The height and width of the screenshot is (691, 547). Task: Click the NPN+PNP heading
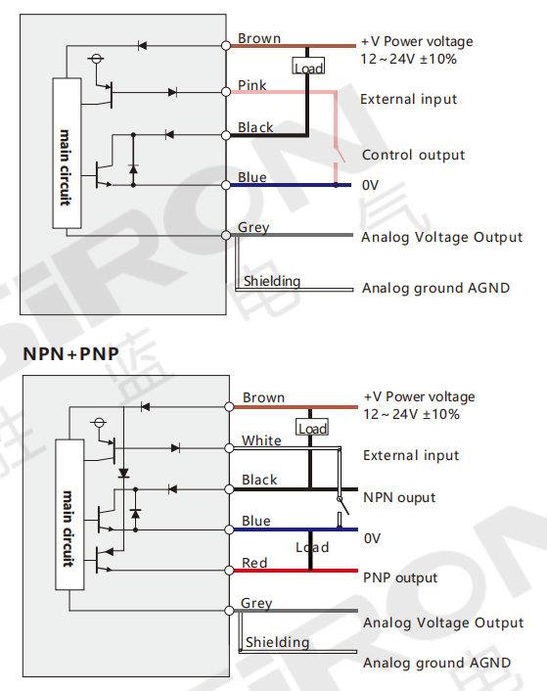coord(70,354)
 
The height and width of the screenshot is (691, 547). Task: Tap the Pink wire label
coord(251,85)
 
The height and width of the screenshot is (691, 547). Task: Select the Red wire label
coord(254,563)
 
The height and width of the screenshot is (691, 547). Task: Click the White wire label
coord(261,440)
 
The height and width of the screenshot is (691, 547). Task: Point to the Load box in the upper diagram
coord(308,66)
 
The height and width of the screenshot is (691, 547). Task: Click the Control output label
coord(413,155)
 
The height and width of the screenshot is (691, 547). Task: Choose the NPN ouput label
coord(399,497)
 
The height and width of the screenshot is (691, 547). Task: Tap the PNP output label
coord(400,577)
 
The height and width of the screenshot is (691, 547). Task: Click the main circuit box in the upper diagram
coord(67,153)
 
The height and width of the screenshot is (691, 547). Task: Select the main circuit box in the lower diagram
coord(69,514)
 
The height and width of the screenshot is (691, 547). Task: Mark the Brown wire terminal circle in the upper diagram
coord(226,45)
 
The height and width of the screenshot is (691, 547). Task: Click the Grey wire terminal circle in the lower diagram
coord(229,611)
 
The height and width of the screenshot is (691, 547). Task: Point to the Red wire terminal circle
coord(229,571)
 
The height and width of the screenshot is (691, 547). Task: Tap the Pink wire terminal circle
coord(226,92)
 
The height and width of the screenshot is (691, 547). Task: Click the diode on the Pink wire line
coord(172,93)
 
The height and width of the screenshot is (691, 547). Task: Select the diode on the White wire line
coord(175,448)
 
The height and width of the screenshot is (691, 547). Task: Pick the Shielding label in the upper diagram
coord(272,281)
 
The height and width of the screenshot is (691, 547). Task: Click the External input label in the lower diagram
coord(411,455)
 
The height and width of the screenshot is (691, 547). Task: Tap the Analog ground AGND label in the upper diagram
coord(435,288)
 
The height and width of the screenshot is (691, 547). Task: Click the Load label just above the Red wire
coord(312,547)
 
